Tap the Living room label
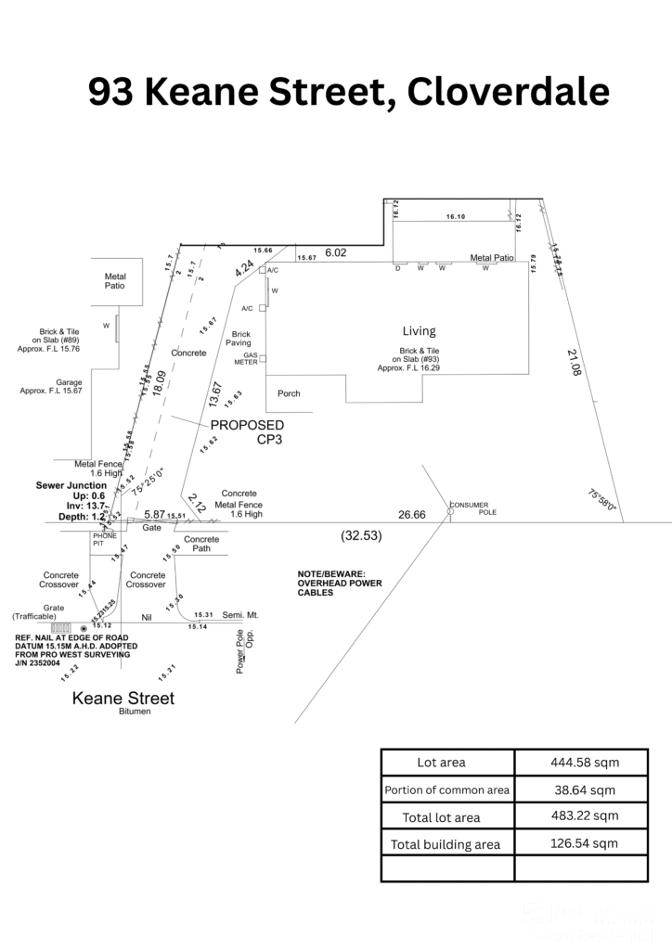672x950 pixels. pyautogui.click(x=419, y=330)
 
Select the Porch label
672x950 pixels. pyautogui.click(x=289, y=393)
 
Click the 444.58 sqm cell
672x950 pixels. pyautogui.click(x=580, y=762)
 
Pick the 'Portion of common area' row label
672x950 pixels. pyautogui.click(x=446, y=790)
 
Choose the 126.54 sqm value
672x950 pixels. pyautogui.click(x=580, y=843)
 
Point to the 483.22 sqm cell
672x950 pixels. pyautogui.click(x=580, y=816)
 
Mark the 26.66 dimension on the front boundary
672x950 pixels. pyautogui.click(x=412, y=514)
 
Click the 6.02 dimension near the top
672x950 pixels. pyautogui.click(x=335, y=252)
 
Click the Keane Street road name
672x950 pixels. pyautogui.click(x=123, y=698)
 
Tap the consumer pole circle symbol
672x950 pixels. pyautogui.click(x=450, y=511)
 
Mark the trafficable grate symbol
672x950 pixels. pyautogui.click(x=60, y=628)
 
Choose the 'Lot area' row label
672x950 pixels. pyautogui.click(x=442, y=762)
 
